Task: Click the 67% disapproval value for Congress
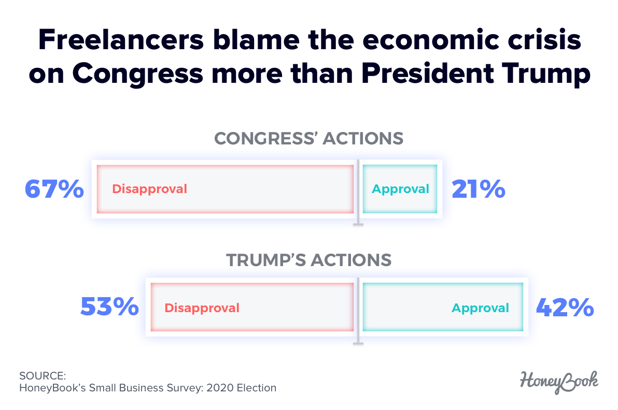54,189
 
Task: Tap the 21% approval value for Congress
478,189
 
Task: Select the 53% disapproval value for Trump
109,307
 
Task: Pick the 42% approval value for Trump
565,307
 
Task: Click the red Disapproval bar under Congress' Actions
225,189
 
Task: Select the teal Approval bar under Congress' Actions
400,189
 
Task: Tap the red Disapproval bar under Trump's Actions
252,307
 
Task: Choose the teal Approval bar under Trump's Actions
443,307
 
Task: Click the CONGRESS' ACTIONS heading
308,139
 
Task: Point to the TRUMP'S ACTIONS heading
308,259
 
